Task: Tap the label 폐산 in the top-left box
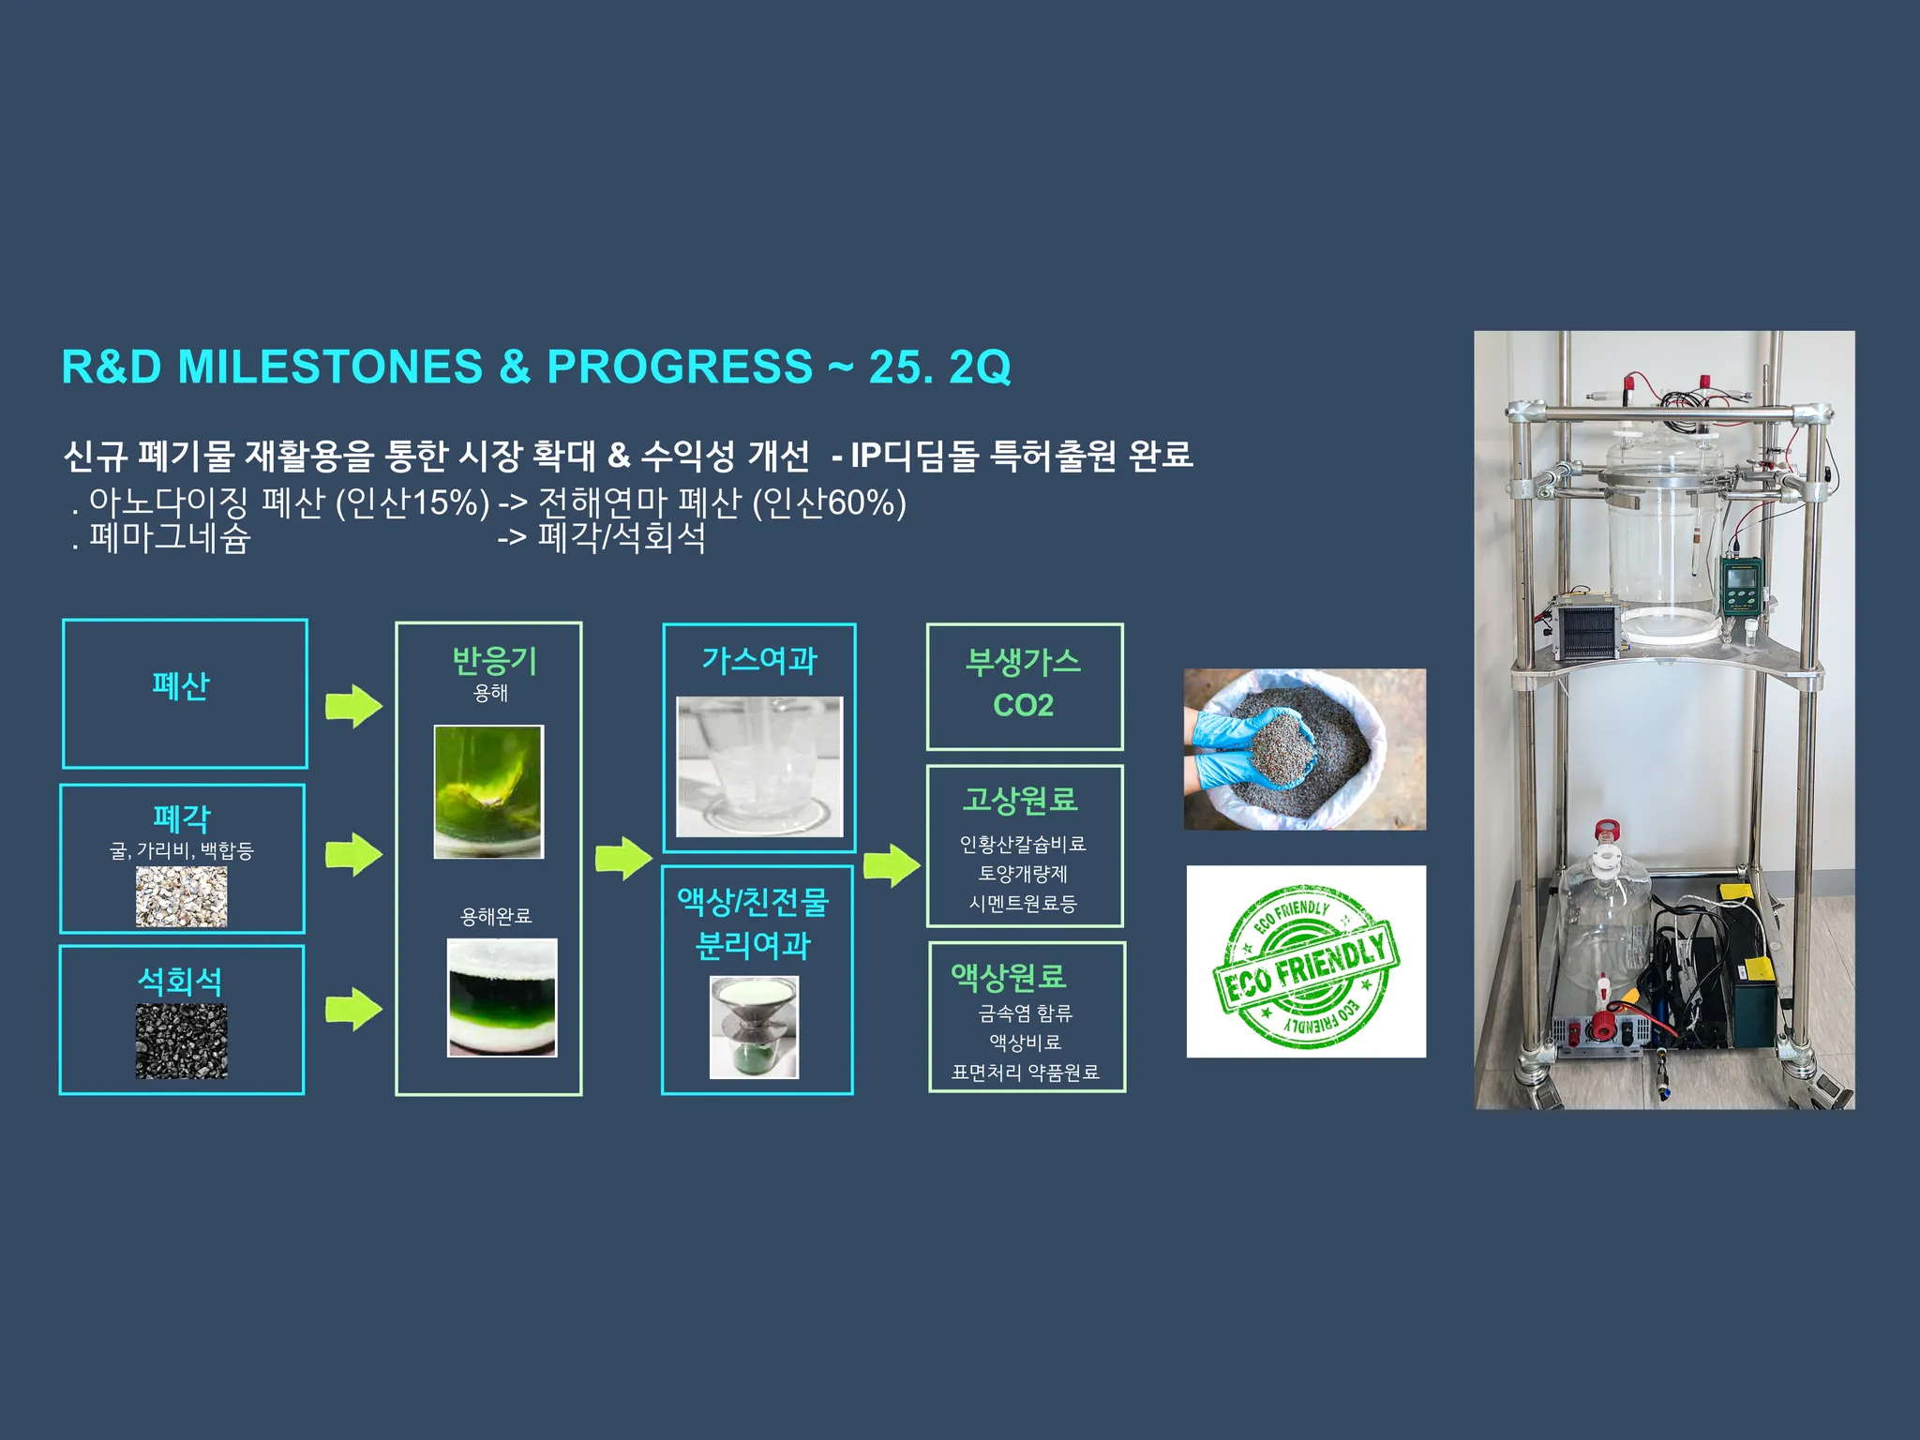[181, 685]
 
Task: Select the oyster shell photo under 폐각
[181, 896]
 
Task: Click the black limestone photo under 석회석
[181, 1041]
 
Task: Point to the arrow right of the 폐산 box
[353, 706]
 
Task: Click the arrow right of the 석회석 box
[353, 1009]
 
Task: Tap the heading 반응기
[494, 661]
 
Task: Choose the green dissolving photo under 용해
[488, 791]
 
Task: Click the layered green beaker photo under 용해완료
[502, 997]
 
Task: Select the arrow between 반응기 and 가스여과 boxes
[623, 858]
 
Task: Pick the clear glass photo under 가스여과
[759, 766]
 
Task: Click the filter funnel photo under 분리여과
[755, 1027]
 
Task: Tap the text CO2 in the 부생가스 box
[1024, 705]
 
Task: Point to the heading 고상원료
[1021, 800]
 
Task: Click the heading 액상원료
[1009, 977]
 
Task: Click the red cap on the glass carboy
[1608, 832]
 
